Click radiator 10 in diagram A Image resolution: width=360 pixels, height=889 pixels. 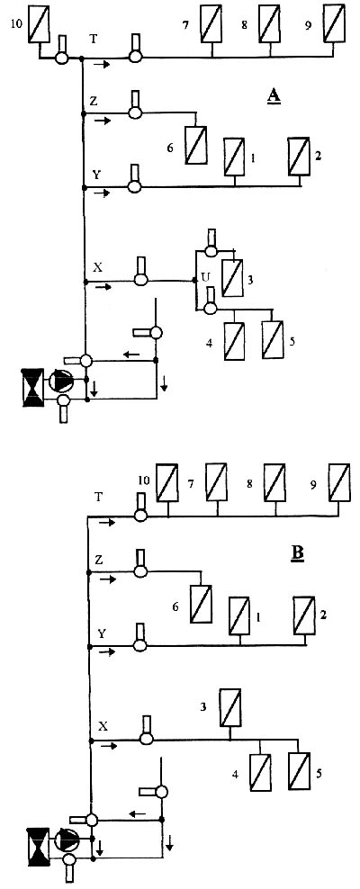[40, 23]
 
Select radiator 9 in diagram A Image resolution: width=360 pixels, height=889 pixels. [333, 23]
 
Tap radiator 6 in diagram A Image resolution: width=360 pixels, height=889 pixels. [196, 146]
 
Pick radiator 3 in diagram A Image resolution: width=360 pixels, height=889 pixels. [231, 278]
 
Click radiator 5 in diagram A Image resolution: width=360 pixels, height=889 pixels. [273, 339]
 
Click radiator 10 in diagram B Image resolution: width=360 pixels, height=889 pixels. [167, 483]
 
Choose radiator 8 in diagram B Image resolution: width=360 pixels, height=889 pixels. [274, 482]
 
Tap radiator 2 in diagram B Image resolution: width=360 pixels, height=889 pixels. [304, 616]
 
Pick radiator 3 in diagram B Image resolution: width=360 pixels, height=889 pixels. [230, 707]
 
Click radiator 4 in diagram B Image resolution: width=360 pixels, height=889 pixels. [261, 772]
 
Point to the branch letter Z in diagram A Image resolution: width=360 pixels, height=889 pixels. [93, 101]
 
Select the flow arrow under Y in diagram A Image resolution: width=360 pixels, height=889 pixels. [102, 193]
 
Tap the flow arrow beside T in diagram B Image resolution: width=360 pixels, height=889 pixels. [107, 522]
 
